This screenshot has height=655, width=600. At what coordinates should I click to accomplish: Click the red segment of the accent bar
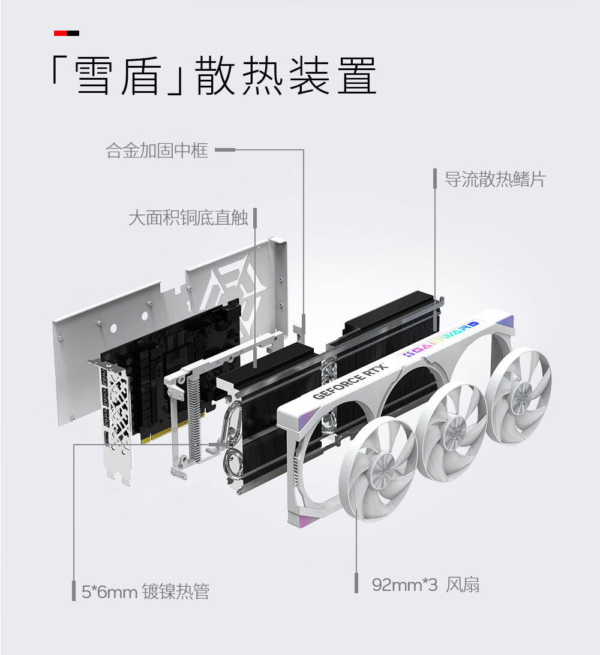[x=60, y=34]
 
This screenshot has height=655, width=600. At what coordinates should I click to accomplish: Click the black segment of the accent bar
[x=73, y=34]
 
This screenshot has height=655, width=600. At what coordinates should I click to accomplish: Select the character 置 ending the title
[x=356, y=76]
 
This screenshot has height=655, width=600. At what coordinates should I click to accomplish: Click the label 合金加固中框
[x=157, y=150]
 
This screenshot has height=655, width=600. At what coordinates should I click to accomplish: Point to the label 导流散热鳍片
[x=495, y=179]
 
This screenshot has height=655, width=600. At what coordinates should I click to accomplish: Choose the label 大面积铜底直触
[x=188, y=218]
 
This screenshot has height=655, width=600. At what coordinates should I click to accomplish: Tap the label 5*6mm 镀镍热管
[x=146, y=591]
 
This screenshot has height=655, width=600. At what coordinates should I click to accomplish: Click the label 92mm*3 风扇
[x=425, y=584]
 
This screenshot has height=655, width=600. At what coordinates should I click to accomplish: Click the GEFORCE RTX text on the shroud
[x=350, y=381]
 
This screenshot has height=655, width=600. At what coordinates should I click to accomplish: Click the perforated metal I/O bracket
[x=113, y=422]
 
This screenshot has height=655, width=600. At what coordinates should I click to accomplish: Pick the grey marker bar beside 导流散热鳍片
[x=435, y=179]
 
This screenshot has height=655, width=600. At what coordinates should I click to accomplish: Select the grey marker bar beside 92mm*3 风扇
[x=356, y=583]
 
